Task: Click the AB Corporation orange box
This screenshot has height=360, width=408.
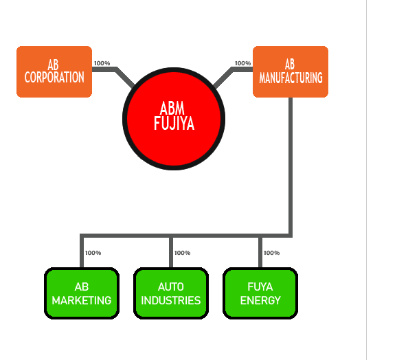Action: [54, 71]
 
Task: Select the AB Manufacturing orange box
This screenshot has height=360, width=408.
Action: [291, 71]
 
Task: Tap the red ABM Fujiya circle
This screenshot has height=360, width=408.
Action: [174, 119]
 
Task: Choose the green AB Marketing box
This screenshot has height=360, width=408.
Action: [82, 293]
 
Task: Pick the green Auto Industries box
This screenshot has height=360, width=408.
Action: [171, 293]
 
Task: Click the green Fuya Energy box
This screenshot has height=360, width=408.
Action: [260, 293]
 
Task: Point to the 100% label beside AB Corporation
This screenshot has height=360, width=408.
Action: [102, 63]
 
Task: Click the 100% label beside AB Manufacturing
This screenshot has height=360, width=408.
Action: [242, 63]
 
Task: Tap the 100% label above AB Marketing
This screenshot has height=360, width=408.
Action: [93, 253]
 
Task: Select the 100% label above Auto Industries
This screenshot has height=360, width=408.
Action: [183, 253]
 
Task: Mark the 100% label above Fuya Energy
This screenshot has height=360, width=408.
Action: [271, 253]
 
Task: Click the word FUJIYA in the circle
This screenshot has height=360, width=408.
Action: [174, 124]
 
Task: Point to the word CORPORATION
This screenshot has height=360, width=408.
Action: [54, 78]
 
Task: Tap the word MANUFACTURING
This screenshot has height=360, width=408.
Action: [291, 78]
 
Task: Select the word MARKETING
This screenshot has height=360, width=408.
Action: [82, 300]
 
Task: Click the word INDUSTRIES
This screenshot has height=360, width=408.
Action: [171, 300]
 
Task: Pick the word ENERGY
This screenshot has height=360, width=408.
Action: [260, 300]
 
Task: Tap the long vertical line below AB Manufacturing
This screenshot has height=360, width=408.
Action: [291, 166]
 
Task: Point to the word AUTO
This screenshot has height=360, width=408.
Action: [171, 287]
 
